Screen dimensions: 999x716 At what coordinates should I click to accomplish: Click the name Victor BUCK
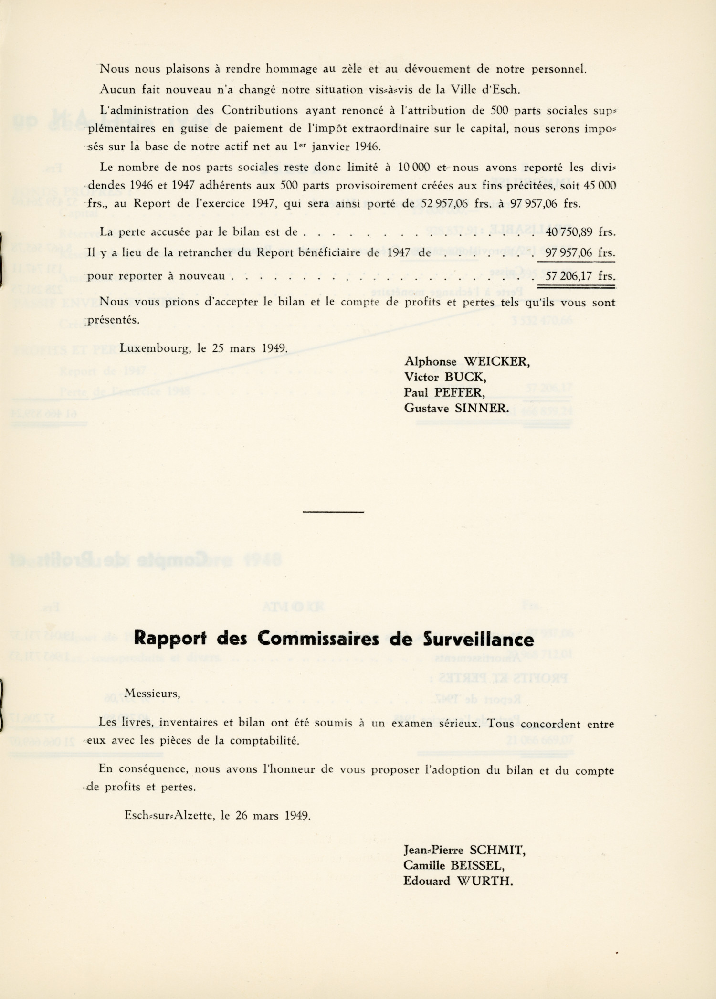pos(445,377)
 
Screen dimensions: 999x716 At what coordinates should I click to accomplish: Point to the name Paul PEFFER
pos(444,392)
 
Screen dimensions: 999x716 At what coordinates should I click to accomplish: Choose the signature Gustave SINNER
pos(456,408)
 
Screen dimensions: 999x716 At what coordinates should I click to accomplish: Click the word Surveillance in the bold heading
pos(478,639)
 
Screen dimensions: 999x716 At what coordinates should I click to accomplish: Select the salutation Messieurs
pos(152,694)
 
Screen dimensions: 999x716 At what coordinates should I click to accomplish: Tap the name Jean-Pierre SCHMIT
pos(464,850)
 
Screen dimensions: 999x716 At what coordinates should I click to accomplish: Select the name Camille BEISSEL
pos(453,865)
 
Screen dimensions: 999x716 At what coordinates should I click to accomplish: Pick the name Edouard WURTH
pos(458,881)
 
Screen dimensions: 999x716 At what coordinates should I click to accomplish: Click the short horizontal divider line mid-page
pos(333,512)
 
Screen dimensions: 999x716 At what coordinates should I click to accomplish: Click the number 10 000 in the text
pos(414,168)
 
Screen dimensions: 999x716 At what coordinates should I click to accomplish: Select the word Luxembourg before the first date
pos(155,348)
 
